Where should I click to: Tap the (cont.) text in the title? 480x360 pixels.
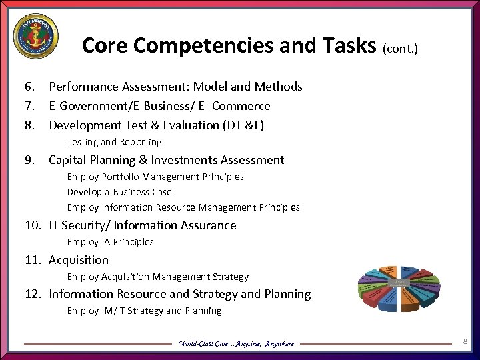pos(400,48)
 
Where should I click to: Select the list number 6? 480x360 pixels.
pos(29,87)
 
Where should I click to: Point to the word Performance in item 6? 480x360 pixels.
pos(82,87)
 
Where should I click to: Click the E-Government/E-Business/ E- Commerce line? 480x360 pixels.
pos(159,106)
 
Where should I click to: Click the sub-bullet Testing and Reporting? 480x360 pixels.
pos(114,142)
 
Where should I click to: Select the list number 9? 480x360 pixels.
pos(29,160)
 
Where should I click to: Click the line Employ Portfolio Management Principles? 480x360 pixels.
pos(155,177)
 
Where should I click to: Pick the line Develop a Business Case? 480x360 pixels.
pos(119,192)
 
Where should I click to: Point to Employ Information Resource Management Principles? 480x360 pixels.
pos(183,207)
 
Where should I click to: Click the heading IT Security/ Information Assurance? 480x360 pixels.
pos(143,225)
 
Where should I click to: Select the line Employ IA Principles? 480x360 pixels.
pos(110,242)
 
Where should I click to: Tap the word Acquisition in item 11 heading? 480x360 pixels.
pos(79,260)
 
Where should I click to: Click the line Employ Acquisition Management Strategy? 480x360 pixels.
pos(157,277)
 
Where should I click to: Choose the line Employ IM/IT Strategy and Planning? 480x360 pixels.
pos(144,311)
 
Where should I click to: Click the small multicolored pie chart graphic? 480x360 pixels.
pos(399,287)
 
